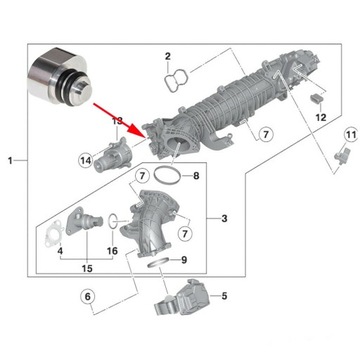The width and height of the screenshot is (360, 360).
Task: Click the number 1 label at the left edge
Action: click(9, 160)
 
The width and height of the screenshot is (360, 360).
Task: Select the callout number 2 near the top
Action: click(169, 56)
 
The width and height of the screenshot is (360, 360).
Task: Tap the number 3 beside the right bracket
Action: click(225, 218)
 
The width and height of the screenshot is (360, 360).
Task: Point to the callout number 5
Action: click(224, 295)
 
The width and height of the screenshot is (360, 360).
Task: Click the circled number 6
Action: click(87, 296)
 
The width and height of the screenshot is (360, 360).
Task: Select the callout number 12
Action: click(320, 117)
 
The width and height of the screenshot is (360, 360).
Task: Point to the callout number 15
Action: click(86, 269)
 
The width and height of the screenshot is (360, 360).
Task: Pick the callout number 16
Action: click(112, 250)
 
